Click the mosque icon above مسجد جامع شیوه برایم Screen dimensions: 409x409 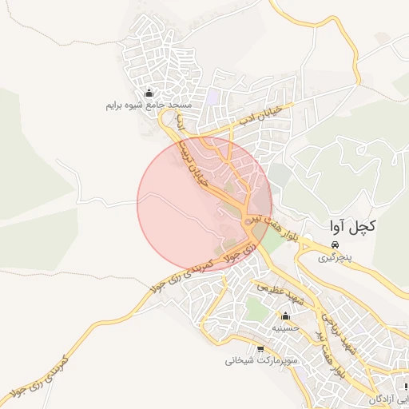click(x=149, y=93)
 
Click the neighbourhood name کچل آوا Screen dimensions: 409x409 click(x=352, y=226)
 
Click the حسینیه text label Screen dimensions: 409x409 click(x=285, y=328)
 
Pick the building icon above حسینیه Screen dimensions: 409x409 click(x=285, y=316)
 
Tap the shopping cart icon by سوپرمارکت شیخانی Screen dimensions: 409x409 click(x=260, y=349)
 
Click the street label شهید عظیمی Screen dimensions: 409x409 click(x=280, y=295)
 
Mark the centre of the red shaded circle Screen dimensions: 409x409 click(x=204, y=204)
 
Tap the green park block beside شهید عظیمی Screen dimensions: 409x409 click(x=257, y=308)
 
